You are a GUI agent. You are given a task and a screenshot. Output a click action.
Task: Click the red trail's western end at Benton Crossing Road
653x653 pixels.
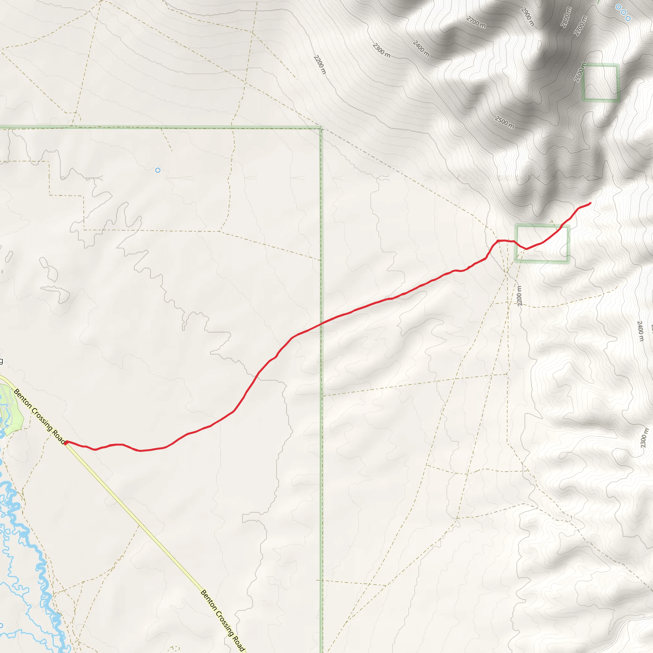(66, 443)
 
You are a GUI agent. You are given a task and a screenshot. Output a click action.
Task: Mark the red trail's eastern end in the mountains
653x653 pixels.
(590, 203)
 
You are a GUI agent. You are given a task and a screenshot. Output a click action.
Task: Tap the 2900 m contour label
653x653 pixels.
(528, 17)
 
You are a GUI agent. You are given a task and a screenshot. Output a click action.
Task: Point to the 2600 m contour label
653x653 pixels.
(580, 72)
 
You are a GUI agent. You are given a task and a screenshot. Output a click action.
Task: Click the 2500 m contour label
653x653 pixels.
(504, 122)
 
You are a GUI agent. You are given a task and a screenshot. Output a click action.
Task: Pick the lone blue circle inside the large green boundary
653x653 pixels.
(158, 170)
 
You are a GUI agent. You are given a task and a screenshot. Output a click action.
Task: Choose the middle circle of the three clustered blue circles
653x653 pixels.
(623, 12)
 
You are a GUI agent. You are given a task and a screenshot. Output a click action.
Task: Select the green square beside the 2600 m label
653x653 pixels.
(600, 83)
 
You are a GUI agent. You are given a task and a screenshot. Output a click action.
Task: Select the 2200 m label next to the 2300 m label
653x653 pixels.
(320, 64)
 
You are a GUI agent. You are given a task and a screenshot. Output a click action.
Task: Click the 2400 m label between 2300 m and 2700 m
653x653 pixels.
(421, 49)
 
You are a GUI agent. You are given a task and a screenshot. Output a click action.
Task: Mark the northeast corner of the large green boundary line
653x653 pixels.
(321, 128)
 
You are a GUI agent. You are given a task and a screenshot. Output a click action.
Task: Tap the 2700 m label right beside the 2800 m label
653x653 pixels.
(580, 26)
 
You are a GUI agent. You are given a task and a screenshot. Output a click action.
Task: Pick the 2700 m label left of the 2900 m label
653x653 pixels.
(476, 23)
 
